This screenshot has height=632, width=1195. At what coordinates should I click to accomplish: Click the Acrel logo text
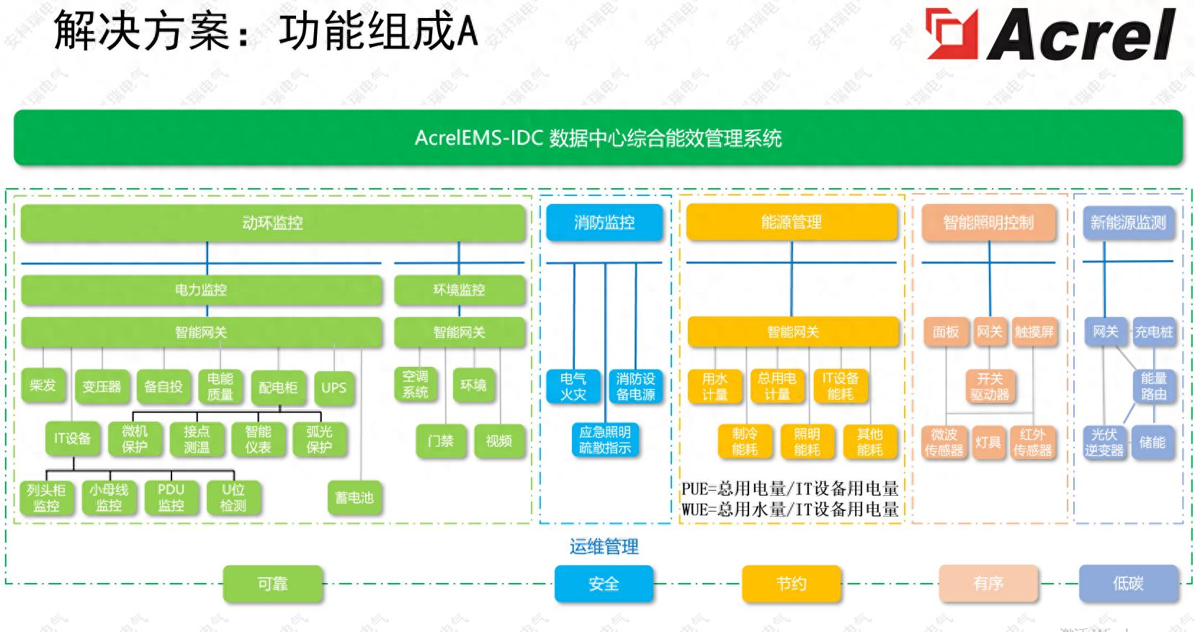[1080, 34]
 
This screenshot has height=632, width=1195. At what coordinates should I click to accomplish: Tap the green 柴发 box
[43, 386]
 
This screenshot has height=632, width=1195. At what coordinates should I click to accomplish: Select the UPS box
[334, 388]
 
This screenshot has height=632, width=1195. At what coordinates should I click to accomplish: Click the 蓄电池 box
[354, 497]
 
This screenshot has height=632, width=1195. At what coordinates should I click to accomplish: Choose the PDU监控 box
[171, 497]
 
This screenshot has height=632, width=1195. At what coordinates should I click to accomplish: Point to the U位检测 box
[233, 497]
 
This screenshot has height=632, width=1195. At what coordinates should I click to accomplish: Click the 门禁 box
[440, 441]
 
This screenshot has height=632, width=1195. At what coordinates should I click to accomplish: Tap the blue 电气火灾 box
[573, 386]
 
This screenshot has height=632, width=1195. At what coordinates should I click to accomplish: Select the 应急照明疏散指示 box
[604, 440]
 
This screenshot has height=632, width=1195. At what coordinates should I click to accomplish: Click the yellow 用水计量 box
[715, 386]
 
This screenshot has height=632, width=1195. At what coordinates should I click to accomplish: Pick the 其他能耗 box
[869, 442]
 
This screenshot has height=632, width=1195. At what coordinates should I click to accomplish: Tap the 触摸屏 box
[1034, 332]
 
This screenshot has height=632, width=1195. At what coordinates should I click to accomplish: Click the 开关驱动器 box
[990, 386]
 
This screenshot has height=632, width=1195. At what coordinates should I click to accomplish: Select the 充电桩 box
[1153, 332]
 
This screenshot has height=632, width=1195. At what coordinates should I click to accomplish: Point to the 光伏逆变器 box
[1104, 442]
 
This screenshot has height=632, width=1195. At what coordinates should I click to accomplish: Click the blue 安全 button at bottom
[604, 584]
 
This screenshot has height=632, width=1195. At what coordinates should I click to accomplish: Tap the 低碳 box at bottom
[1128, 584]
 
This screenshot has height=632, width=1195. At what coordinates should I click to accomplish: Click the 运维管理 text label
[604, 547]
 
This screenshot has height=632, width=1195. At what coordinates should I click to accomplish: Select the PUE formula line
[789, 489]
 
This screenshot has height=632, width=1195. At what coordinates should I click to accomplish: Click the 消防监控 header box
[604, 223]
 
